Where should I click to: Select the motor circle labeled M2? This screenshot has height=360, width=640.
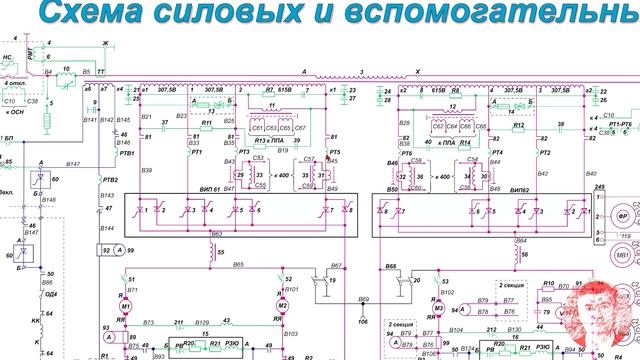pyautogui.click(x=283, y=302)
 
